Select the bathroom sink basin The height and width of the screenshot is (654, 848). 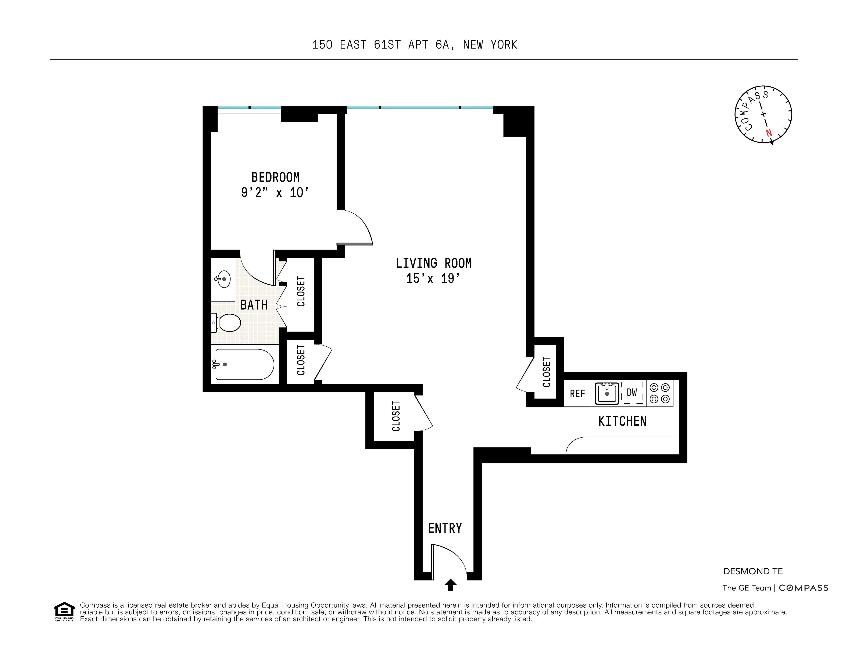pos(224,279)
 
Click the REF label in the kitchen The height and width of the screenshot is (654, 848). pos(577,394)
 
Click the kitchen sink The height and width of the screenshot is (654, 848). pos(607,393)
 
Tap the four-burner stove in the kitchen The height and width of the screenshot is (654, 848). pos(660,393)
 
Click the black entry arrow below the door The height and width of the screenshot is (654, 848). pos(450,585)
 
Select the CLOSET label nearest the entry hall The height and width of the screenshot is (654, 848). pos(396,416)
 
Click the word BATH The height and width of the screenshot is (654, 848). pos(254,305)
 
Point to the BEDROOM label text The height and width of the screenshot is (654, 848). pos(275,178)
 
